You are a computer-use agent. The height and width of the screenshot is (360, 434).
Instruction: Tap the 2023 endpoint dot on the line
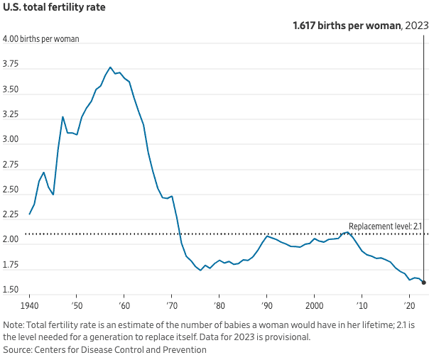pyautogui.click(x=423, y=282)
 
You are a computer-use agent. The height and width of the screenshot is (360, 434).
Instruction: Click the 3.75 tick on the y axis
pyautogui.click(x=11, y=65)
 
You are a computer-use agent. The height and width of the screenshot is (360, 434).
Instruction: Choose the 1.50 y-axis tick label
pyautogui.click(x=11, y=290)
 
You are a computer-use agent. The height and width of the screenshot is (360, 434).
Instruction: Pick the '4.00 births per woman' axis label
pyautogui.click(x=41, y=39)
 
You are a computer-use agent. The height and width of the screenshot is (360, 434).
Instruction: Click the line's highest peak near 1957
pyautogui.click(x=110, y=67)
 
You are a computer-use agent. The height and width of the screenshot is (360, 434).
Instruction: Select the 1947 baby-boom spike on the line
pyautogui.click(x=63, y=116)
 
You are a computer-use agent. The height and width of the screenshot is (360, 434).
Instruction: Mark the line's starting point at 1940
pyautogui.click(x=30, y=214)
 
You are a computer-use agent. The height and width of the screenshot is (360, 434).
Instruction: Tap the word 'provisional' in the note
pyautogui.click(x=288, y=337)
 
